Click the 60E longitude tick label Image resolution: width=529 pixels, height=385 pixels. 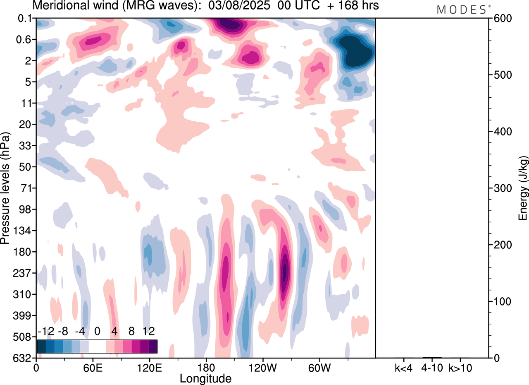93,368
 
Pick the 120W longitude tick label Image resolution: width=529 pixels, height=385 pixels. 262,368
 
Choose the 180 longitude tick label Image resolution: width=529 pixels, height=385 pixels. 206,368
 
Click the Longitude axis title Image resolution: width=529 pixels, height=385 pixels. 205,378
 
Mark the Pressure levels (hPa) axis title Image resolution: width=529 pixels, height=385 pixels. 5,188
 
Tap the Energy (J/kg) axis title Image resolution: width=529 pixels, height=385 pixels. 523,189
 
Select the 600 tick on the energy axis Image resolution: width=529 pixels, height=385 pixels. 500,19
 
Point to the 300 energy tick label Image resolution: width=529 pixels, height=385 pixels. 500,188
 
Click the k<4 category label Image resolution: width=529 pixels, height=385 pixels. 403,368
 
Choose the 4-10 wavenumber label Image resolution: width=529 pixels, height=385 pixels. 432,368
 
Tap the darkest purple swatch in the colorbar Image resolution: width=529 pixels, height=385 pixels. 153,346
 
